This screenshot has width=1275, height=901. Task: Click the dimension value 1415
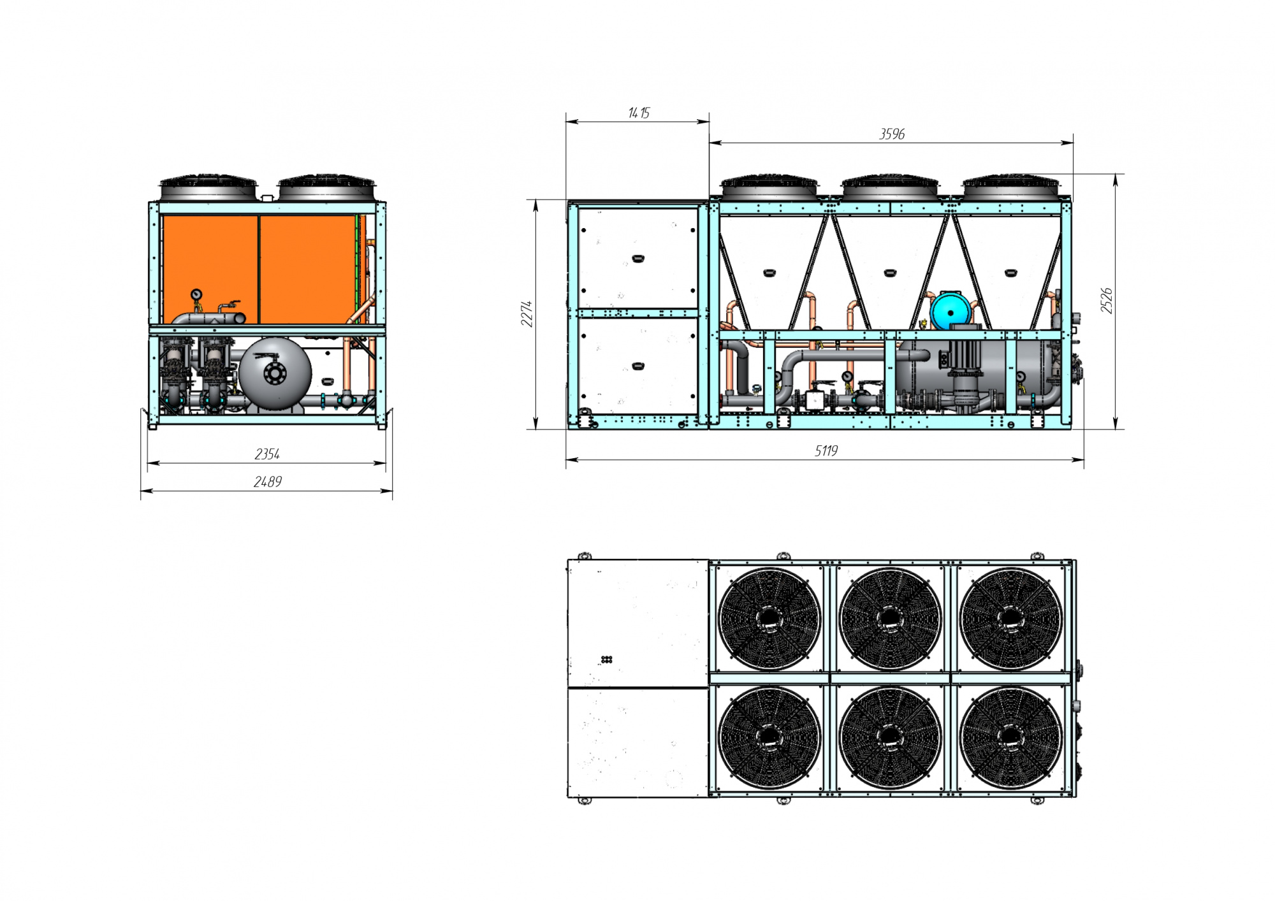coord(638,113)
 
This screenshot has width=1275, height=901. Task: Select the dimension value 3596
coord(891,134)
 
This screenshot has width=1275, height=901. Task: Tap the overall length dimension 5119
coord(826,450)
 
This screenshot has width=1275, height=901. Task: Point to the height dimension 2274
coord(527,314)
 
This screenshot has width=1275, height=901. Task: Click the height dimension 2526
coord(1107,300)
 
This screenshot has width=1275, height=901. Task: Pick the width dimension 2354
coord(267,454)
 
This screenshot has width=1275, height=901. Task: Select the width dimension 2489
coord(267,482)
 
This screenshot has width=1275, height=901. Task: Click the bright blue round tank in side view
coord(950,312)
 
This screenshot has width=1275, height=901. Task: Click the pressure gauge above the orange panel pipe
coord(196,294)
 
